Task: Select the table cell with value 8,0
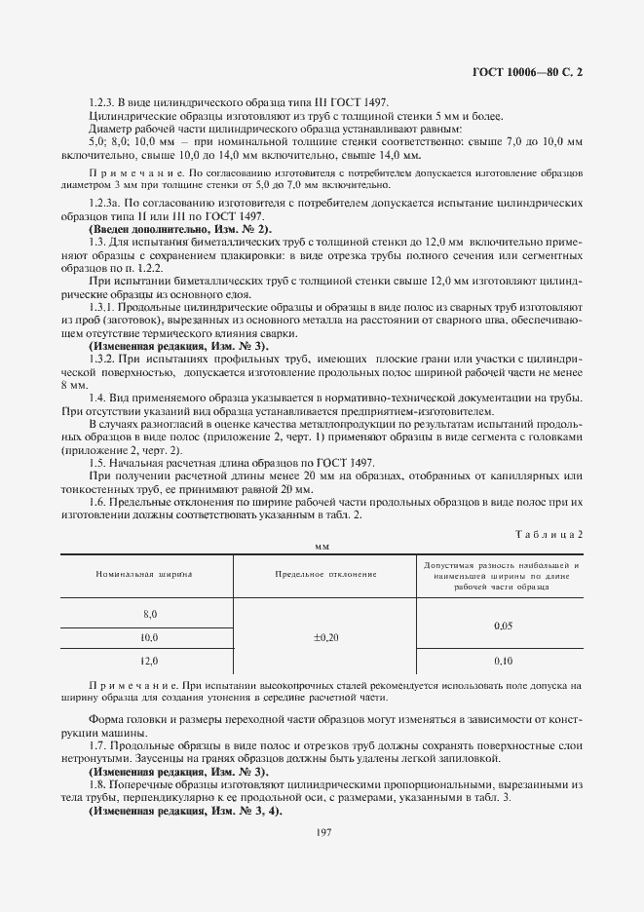149,614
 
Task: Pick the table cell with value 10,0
149,637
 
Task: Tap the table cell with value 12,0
149,661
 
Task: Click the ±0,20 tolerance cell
325,637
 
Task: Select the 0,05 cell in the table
503,626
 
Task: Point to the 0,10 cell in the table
503,661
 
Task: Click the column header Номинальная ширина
144,574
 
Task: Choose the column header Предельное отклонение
325,574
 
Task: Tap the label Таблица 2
547,534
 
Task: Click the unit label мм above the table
322,548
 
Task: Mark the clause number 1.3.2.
103,358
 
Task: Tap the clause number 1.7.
98,744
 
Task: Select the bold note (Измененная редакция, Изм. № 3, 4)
185,811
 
